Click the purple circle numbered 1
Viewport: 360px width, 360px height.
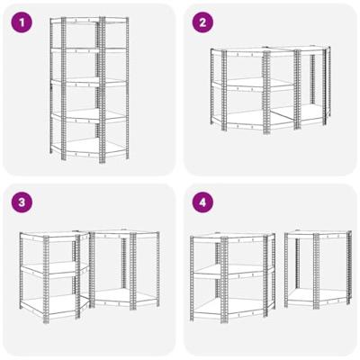(22, 22)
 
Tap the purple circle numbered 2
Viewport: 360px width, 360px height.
(202, 22)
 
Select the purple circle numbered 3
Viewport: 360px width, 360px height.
(22, 202)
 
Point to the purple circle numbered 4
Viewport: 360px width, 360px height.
(202, 202)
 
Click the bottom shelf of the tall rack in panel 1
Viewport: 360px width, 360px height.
(89, 148)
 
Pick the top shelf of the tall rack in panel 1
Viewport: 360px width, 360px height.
(89, 20)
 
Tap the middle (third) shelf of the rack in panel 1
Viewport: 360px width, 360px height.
(89, 82)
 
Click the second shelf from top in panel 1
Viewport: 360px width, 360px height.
(89, 50)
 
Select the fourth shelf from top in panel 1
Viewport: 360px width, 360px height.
(89, 116)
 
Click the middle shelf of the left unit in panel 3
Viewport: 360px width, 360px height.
(51, 267)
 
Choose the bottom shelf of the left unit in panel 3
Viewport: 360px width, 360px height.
(51, 305)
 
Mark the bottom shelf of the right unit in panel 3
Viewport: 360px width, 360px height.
(123, 298)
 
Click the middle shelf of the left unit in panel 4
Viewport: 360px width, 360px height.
(231, 270)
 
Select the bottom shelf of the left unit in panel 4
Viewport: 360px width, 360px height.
(231, 309)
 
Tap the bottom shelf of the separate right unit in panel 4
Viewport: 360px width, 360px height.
(318, 297)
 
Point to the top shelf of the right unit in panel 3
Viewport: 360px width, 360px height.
(123, 233)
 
